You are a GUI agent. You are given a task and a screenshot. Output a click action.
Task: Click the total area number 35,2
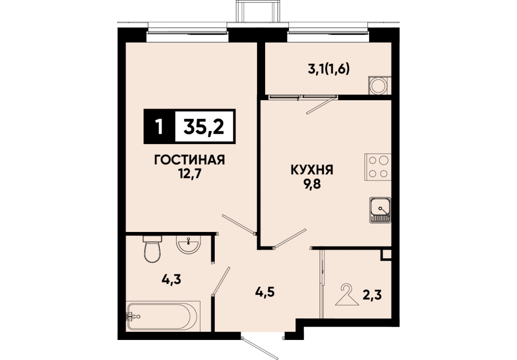204,127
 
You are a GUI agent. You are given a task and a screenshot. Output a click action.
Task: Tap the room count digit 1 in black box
160,127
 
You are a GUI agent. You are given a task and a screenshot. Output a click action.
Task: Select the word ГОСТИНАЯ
190,160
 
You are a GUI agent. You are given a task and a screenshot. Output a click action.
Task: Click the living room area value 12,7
190,173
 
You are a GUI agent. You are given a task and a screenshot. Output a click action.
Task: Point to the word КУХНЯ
312,170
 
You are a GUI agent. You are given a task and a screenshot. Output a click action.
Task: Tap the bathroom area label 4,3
172,280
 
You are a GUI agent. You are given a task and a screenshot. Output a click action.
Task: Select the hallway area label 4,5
265,292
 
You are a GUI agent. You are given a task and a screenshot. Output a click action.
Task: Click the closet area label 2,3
372,295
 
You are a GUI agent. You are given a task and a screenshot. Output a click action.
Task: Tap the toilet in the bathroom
152,249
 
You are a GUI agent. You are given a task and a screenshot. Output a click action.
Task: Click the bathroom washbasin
188,244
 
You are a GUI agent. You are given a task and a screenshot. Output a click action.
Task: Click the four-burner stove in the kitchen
378,167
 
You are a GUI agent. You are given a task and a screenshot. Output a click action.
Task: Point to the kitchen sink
380,210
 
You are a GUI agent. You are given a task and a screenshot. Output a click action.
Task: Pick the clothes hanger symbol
347,295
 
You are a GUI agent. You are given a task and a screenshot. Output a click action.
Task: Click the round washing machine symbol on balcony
378,86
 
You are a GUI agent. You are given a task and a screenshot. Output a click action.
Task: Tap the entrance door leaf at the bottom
260,348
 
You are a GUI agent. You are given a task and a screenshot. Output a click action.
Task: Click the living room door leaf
239,225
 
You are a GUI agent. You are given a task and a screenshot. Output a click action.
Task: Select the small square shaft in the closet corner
386,255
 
